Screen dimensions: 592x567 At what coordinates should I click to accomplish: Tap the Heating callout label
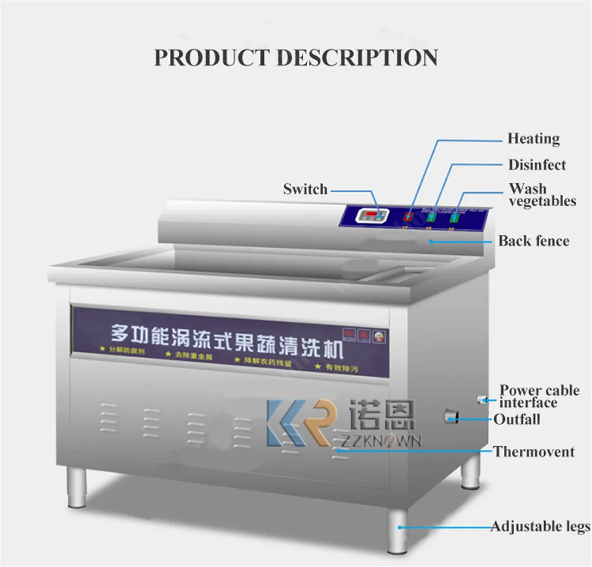click(533, 139)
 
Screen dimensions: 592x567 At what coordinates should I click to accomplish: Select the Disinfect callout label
click(537, 165)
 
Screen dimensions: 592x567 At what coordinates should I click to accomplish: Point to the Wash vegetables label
click(542, 195)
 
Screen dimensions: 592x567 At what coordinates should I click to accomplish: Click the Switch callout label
click(305, 190)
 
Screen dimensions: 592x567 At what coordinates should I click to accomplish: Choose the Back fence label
click(533, 241)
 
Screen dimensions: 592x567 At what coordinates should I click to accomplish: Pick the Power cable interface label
click(539, 396)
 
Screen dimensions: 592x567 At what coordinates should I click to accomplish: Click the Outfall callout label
click(517, 419)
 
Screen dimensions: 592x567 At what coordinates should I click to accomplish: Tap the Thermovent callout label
click(534, 451)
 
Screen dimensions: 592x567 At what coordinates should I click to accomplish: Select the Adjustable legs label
click(540, 526)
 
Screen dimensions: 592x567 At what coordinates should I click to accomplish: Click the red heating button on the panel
click(408, 217)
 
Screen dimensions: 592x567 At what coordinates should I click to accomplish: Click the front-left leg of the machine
click(77, 487)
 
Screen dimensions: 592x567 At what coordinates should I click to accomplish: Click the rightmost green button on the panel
click(455, 219)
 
